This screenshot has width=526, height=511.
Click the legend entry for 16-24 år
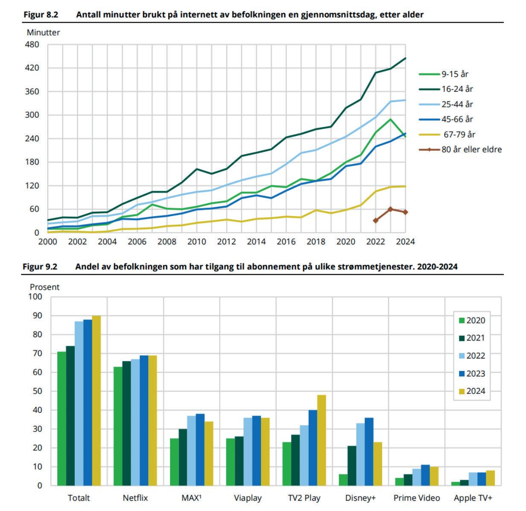pos(457,89)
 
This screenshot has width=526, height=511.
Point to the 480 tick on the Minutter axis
pos(33,44)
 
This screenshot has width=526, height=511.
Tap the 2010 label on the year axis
pos(196,242)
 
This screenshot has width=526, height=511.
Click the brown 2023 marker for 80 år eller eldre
pos(390,209)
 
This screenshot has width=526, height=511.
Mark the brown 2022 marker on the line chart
pos(376,220)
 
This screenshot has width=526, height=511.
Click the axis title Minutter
pos(43,32)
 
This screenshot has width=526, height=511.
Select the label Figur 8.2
pos(41,15)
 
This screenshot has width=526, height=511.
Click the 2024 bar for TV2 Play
pos(321,440)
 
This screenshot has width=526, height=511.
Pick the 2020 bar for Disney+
pos(343,479)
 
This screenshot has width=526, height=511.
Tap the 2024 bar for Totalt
pos(96,400)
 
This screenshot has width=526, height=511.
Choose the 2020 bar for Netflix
pos(118,426)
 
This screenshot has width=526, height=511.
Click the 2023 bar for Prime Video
pos(425,475)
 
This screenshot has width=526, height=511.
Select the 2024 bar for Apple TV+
pos(490,478)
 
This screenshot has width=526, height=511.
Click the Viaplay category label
pos(248,498)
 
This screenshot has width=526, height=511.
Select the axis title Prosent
pos(44,287)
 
